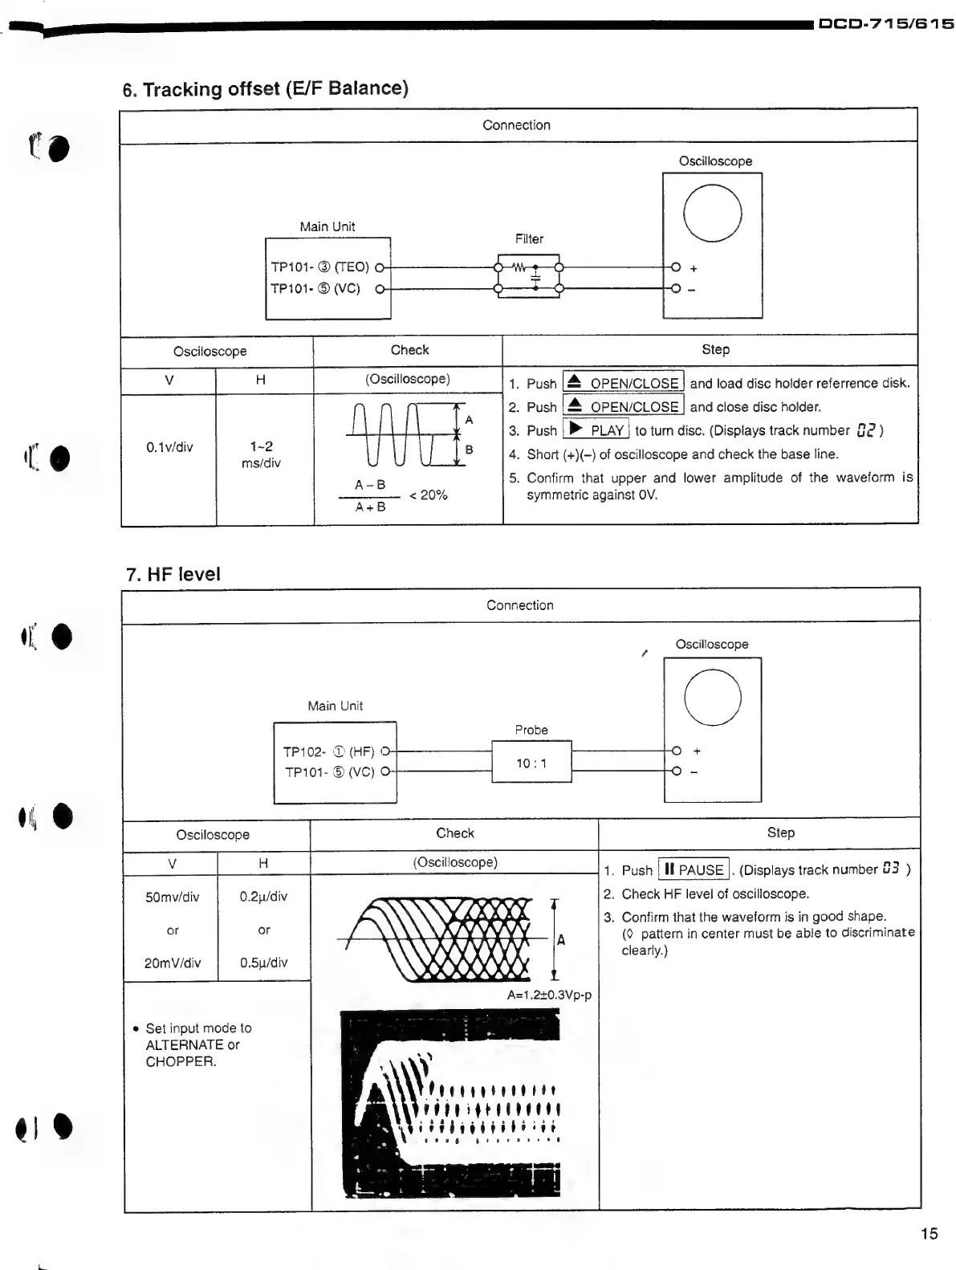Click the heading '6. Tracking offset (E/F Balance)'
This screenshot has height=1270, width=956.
coord(265,89)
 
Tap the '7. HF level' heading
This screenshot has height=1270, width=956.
coord(173,574)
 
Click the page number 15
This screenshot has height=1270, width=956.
coord(929,1234)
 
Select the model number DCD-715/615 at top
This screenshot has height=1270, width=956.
coord(885,24)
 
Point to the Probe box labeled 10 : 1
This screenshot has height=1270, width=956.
coord(531,763)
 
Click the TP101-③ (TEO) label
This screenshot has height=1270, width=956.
coord(319,267)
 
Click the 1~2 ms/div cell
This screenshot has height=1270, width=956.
coord(261,454)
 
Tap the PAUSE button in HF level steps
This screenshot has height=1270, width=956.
coord(694,869)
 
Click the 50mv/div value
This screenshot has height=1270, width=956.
coord(172,897)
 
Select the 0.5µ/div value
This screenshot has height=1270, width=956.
coord(263,963)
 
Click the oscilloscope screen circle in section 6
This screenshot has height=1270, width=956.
coord(712,213)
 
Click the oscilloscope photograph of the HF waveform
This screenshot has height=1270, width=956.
coord(450,1104)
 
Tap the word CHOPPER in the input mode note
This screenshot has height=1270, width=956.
coord(181,1061)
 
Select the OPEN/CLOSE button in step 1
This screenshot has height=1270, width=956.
coord(624,383)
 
